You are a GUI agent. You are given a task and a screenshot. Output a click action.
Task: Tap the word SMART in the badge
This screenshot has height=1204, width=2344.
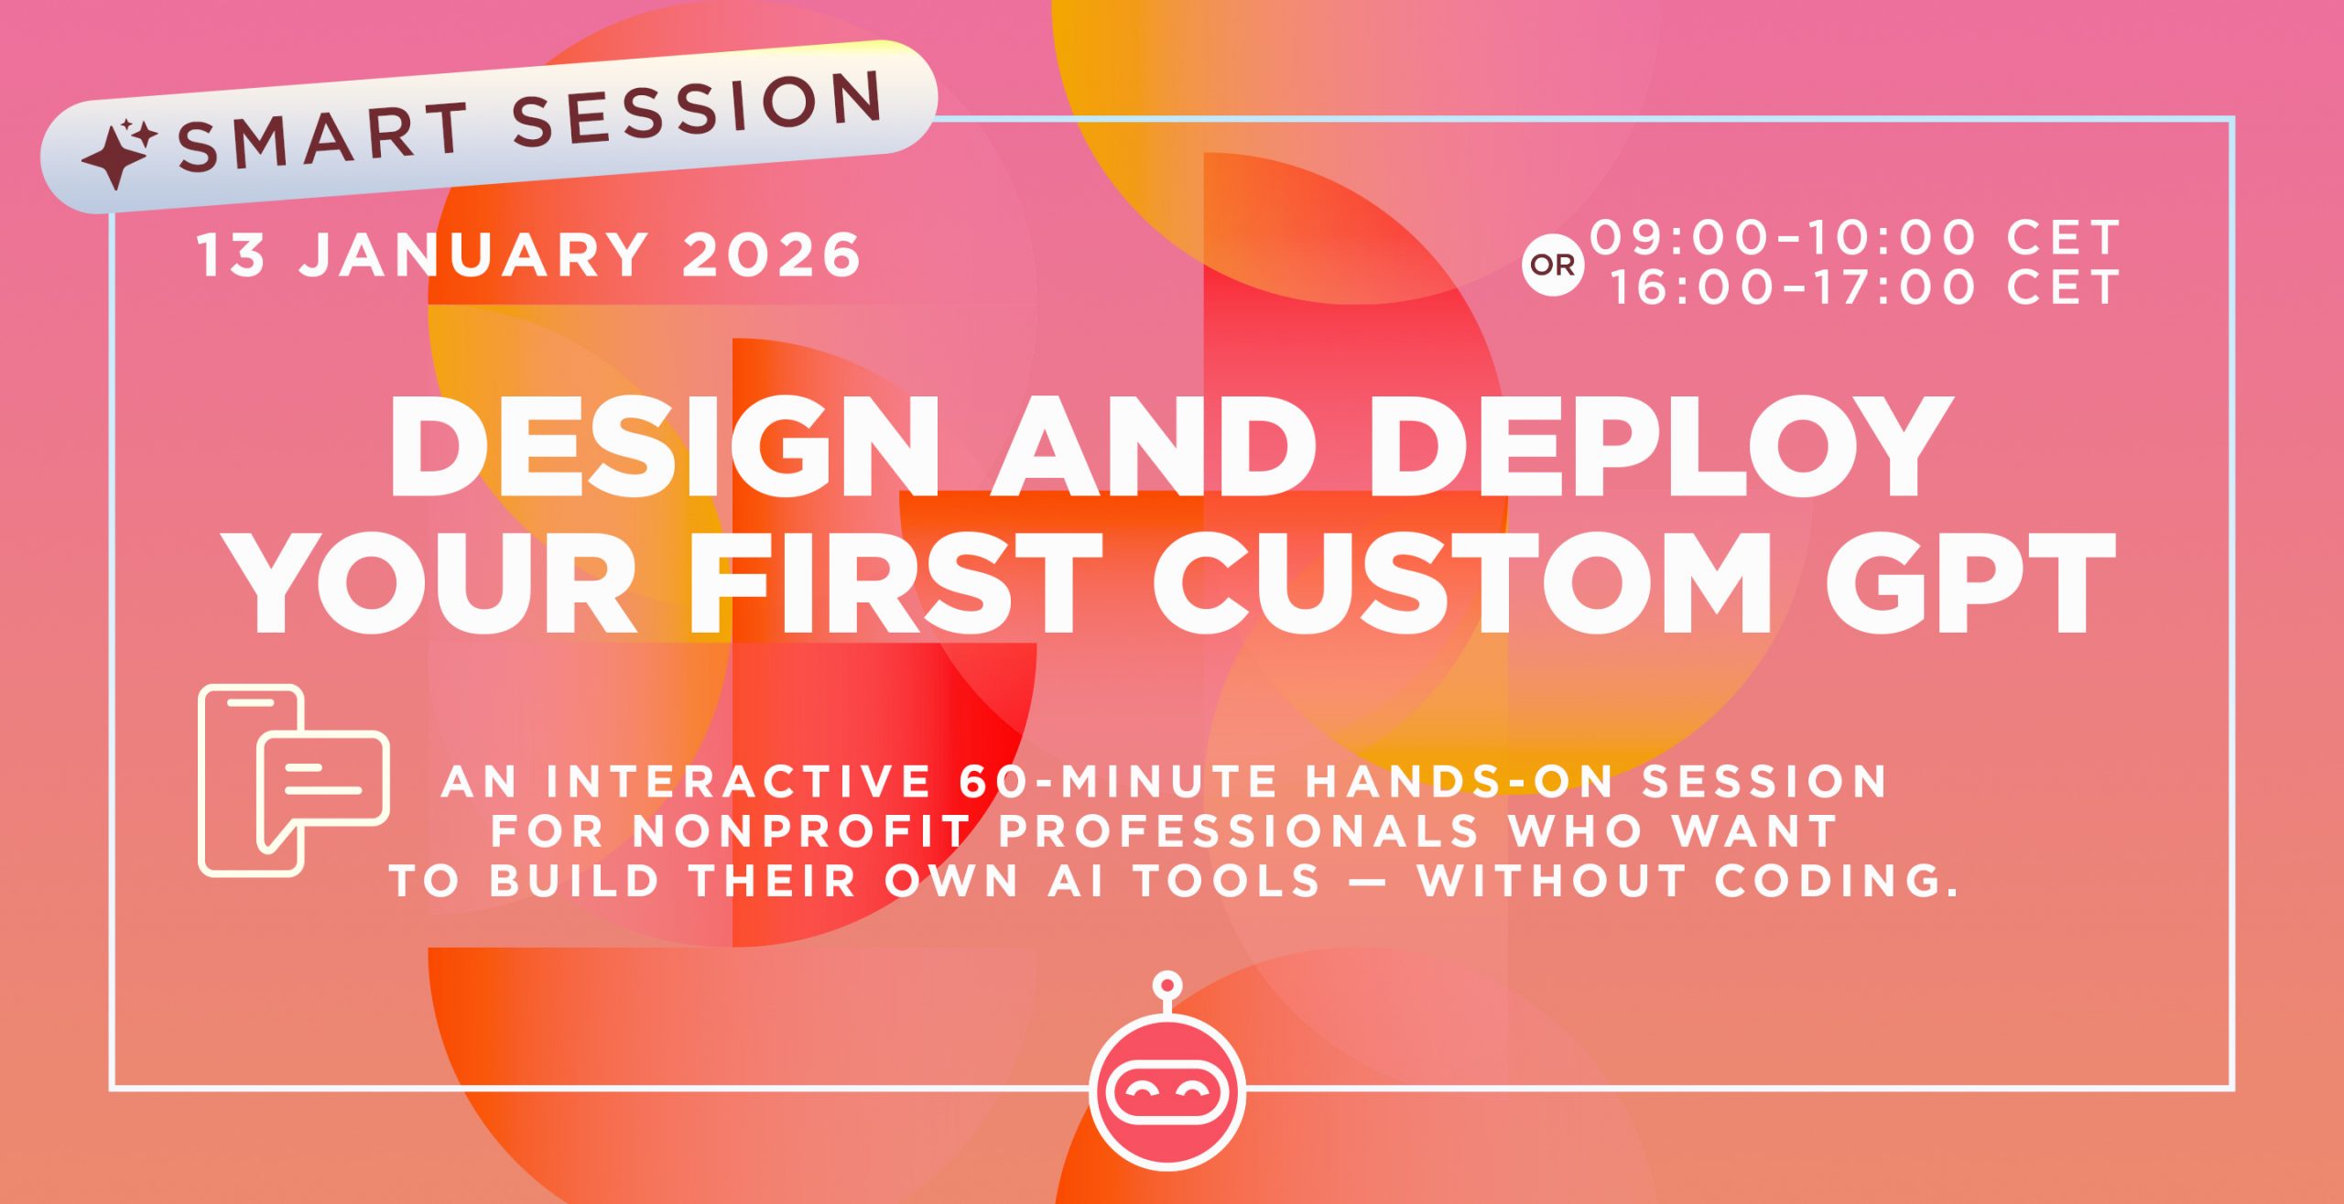tap(322, 137)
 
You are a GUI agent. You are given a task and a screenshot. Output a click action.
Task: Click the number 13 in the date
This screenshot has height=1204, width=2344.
tap(231, 255)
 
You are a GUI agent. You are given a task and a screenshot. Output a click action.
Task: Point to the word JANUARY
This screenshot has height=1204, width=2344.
tap(474, 255)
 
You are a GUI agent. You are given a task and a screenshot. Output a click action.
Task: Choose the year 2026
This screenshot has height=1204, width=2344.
tap(771, 255)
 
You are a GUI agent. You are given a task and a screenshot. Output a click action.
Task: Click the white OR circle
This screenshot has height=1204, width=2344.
tap(1553, 266)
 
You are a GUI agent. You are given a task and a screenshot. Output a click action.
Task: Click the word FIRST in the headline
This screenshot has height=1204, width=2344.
tap(895, 582)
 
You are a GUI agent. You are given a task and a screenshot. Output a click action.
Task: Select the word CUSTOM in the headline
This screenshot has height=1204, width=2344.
tap(1461, 582)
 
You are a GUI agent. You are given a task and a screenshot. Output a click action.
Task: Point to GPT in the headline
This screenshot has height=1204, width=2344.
tap(1969, 582)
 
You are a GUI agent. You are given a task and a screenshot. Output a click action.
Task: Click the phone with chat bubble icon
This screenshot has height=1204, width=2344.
tap(293, 780)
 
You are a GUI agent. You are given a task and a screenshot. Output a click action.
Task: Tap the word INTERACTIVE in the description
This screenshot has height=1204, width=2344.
tap(738, 782)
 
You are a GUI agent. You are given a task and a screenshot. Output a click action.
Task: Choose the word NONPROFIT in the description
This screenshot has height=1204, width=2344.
tap(801, 831)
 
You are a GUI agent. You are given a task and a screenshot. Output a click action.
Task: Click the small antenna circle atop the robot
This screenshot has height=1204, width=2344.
tap(1167, 985)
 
